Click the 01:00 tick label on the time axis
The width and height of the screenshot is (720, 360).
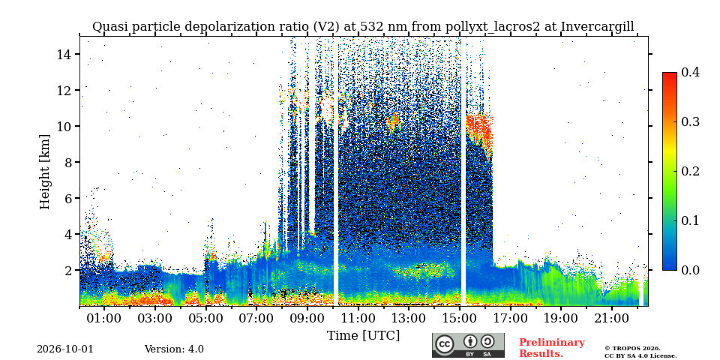click(104, 318)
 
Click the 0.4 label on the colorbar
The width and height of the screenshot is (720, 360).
click(690, 72)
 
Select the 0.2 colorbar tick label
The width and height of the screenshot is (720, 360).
click(690, 171)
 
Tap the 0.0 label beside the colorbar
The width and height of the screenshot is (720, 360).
click(690, 270)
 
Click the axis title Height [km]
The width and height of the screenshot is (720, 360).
click(44, 172)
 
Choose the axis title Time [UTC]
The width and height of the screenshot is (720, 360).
click(363, 336)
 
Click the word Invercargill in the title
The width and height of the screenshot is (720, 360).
click(597, 27)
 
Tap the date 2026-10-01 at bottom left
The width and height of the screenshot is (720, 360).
click(65, 349)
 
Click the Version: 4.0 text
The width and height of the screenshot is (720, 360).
click(174, 349)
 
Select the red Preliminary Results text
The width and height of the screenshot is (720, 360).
click(552, 347)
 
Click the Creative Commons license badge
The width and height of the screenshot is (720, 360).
click(468, 345)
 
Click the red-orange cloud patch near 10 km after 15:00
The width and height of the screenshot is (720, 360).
click(479, 130)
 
